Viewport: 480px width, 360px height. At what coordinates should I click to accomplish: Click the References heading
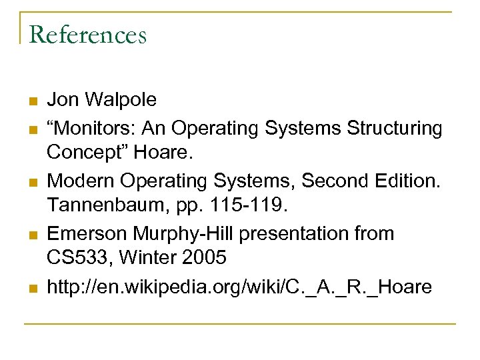click(x=87, y=34)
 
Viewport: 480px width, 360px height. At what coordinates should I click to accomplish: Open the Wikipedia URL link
click(x=239, y=287)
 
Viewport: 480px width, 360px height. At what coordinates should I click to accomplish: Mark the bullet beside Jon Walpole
click(x=31, y=101)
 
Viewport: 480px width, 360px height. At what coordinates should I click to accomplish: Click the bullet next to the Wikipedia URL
click(x=31, y=289)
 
